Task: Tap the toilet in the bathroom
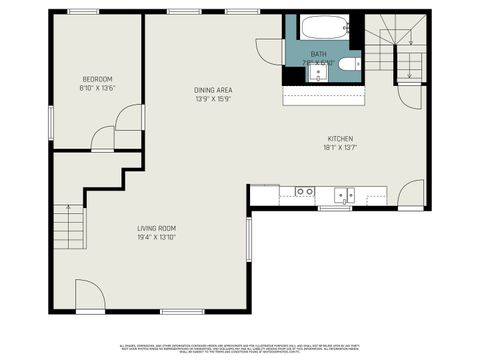click(345, 65)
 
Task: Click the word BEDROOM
click(97, 79)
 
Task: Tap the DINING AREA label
click(213, 90)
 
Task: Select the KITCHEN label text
click(340, 138)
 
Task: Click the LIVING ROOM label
click(157, 229)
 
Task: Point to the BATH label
click(318, 53)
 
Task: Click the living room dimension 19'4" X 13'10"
click(157, 238)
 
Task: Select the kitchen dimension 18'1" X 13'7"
click(340, 147)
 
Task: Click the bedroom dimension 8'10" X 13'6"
click(97, 88)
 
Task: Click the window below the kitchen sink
click(332, 208)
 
